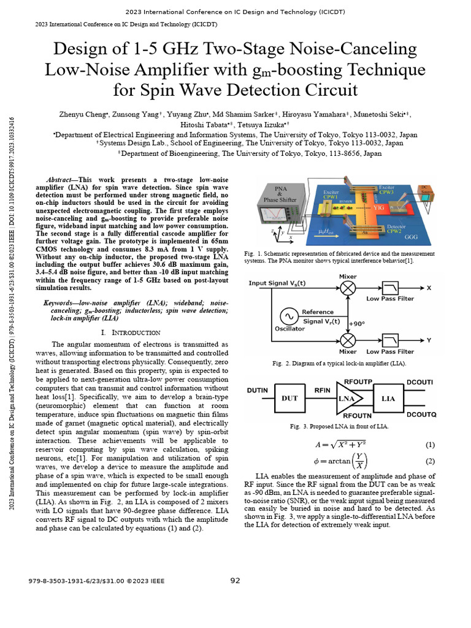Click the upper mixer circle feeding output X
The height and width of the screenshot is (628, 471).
(348, 288)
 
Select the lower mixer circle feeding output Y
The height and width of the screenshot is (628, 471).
(348, 339)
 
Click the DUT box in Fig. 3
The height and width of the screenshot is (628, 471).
(289, 399)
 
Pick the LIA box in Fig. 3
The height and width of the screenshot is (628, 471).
(388, 399)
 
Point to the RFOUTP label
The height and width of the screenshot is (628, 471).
(358, 381)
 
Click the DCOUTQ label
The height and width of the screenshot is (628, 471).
(421, 416)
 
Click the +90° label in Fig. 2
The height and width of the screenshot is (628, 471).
(357, 323)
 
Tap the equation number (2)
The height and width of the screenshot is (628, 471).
(430, 461)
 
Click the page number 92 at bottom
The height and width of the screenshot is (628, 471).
(235, 580)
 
